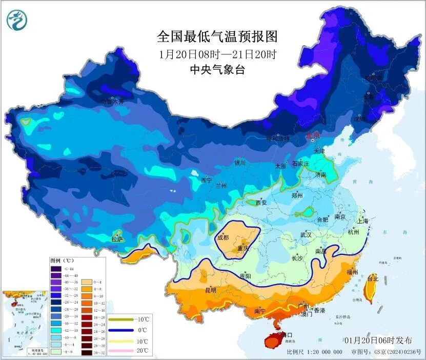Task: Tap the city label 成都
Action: pyautogui.click(x=223, y=237)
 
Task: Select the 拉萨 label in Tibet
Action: pyautogui.click(x=117, y=239)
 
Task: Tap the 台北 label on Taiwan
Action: pyautogui.click(x=373, y=279)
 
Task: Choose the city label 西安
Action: pyautogui.click(x=260, y=203)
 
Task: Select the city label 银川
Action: pyautogui.click(x=240, y=163)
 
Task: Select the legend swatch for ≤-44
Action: pyautogui.click(x=55, y=268)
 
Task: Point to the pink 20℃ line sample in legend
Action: pyautogui.click(x=118, y=351)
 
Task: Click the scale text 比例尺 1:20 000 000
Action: pyautogui.click(x=315, y=352)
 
